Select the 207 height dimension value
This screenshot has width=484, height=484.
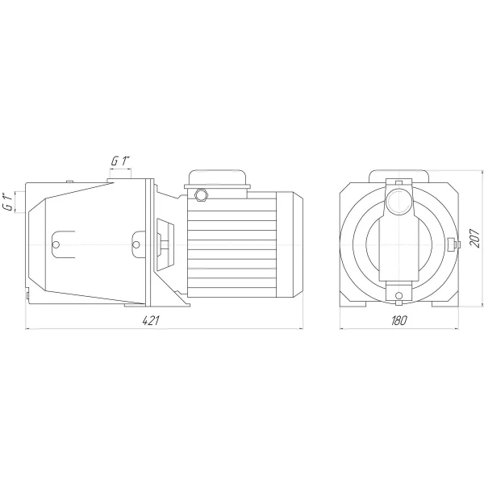[x=474, y=238]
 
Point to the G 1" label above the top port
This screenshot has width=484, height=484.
[x=119, y=161]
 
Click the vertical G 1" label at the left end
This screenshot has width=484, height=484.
[x=9, y=202]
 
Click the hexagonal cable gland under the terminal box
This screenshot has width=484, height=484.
[x=202, y=194]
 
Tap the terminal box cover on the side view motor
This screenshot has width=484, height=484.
[x=217, y=179]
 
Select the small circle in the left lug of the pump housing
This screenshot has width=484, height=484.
[x=56, y=244]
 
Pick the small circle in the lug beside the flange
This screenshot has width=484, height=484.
[x=136, y=244]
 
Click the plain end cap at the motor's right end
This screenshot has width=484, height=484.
[x=290, y=244]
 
